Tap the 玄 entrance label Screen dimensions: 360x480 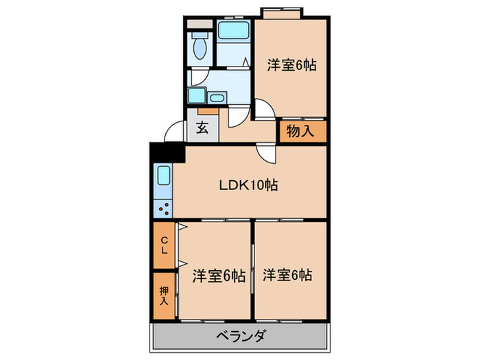tap(203, 128)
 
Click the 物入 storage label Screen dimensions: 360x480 tap(301, 131)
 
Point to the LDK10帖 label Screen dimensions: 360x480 tap(248, 185)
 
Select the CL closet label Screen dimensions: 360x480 tap(164, 245)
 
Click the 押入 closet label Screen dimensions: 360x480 tap(164, 295)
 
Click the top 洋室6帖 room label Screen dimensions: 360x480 tap(291, 66)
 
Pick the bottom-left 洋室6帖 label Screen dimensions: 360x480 tap(218, 276)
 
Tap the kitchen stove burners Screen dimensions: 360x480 tap(165, 206)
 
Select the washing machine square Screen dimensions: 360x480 tap(197, 96)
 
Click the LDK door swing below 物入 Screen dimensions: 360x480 tap(265, 154)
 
